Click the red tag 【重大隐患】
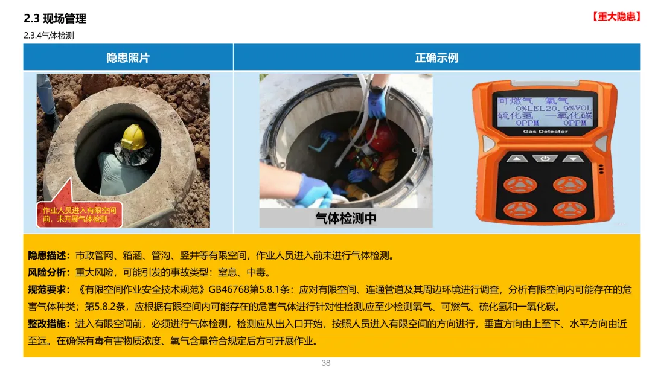click(x=616, y=17)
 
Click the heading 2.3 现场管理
click(x=55, y=18)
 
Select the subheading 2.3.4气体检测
click(x=49, y=36)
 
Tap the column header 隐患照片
click(x=128, y=57)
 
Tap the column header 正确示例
click(x=436, y=57)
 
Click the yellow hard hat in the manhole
click(x=134, y=137)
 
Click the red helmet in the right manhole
click(x=380, y=139)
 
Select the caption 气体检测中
click(x=346, y=218)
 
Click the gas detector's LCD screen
click(x=545, y=111)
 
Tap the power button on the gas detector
click(x=545, y=158)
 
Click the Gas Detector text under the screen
click(x=545, y=132)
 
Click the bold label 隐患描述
click(x=47, y=255)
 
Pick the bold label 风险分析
click(x=47, y=272)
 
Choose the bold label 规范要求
click(x=47, y=290)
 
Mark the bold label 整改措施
click(x=47, y=324)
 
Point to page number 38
click(x=326, y=363)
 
